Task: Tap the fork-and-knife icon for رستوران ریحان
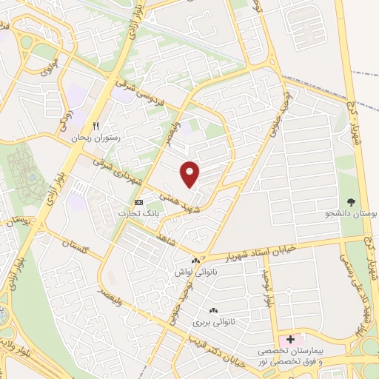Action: [x=95, y=127]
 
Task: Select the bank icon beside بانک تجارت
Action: [x=138, y=202]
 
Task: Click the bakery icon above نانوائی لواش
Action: [x=196, y=261]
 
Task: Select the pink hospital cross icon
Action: [x=290, y=338]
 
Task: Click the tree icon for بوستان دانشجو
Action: [x=351, y=201]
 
